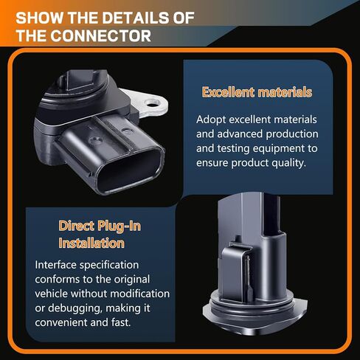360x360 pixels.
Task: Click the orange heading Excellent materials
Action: pyautogui.click(x=257, y=92)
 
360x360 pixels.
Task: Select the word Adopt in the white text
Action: pyautogui.click(x=212, y=119)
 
